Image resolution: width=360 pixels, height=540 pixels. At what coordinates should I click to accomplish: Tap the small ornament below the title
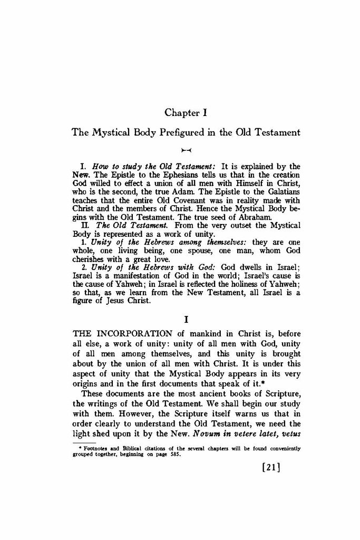[182, 150]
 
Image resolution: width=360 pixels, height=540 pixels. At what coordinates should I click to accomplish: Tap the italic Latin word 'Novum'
[208, 438]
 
